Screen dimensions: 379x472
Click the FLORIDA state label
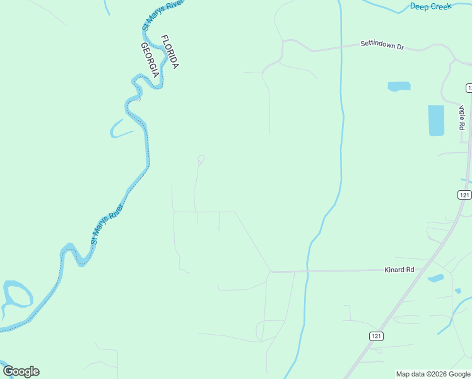pos(170,52)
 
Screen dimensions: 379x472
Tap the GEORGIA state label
pos(150,60)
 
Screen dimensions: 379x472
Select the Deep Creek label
pos(431,6)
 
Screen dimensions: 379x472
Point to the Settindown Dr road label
pos(382,45)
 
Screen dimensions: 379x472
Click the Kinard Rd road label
pos(399,270)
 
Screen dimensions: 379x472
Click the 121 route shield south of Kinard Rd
pos(376,337)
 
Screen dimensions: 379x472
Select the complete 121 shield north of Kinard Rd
pos(464,195)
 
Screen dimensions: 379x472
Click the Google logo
pos(21,371)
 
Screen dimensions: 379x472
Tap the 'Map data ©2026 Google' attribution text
pos(434,374)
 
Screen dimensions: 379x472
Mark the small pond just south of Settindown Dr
pos(399,87)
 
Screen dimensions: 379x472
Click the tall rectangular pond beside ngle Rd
pos(436,120)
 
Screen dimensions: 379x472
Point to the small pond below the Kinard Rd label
pos(435,278)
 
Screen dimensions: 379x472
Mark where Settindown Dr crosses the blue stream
pos(341,47)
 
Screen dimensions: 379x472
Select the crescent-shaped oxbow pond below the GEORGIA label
pos(120,130)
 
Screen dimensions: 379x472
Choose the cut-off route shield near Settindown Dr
pos(469,87)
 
